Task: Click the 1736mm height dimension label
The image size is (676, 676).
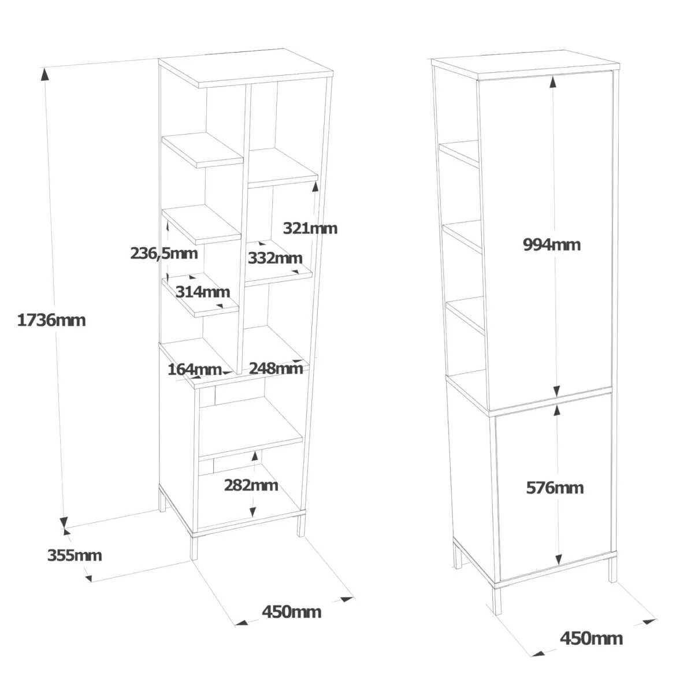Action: (51, 320)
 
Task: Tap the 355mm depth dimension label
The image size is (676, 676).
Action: (75, 555)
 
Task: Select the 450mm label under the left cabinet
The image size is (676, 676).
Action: (291, 612)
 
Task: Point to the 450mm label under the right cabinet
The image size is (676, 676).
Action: (591, 638)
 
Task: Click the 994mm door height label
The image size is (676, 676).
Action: (552, 245)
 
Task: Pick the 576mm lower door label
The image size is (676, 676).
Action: (555, 488)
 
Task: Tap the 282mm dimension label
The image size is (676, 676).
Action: (251, 485)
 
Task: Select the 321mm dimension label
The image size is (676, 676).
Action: (310, 228)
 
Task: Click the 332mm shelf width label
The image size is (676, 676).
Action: (275, 258)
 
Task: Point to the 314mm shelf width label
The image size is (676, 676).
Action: (203, 292)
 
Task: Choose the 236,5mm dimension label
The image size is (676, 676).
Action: (164, 254)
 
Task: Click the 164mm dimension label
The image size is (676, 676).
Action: (195, 369)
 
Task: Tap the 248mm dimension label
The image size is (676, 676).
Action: (276, 368)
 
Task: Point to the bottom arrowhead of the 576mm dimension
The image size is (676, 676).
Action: (559, 559)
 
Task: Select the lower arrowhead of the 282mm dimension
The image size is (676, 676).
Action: (252, 511)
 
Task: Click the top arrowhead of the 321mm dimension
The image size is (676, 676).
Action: (315, 187)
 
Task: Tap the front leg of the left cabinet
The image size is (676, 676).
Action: (195, 547)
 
